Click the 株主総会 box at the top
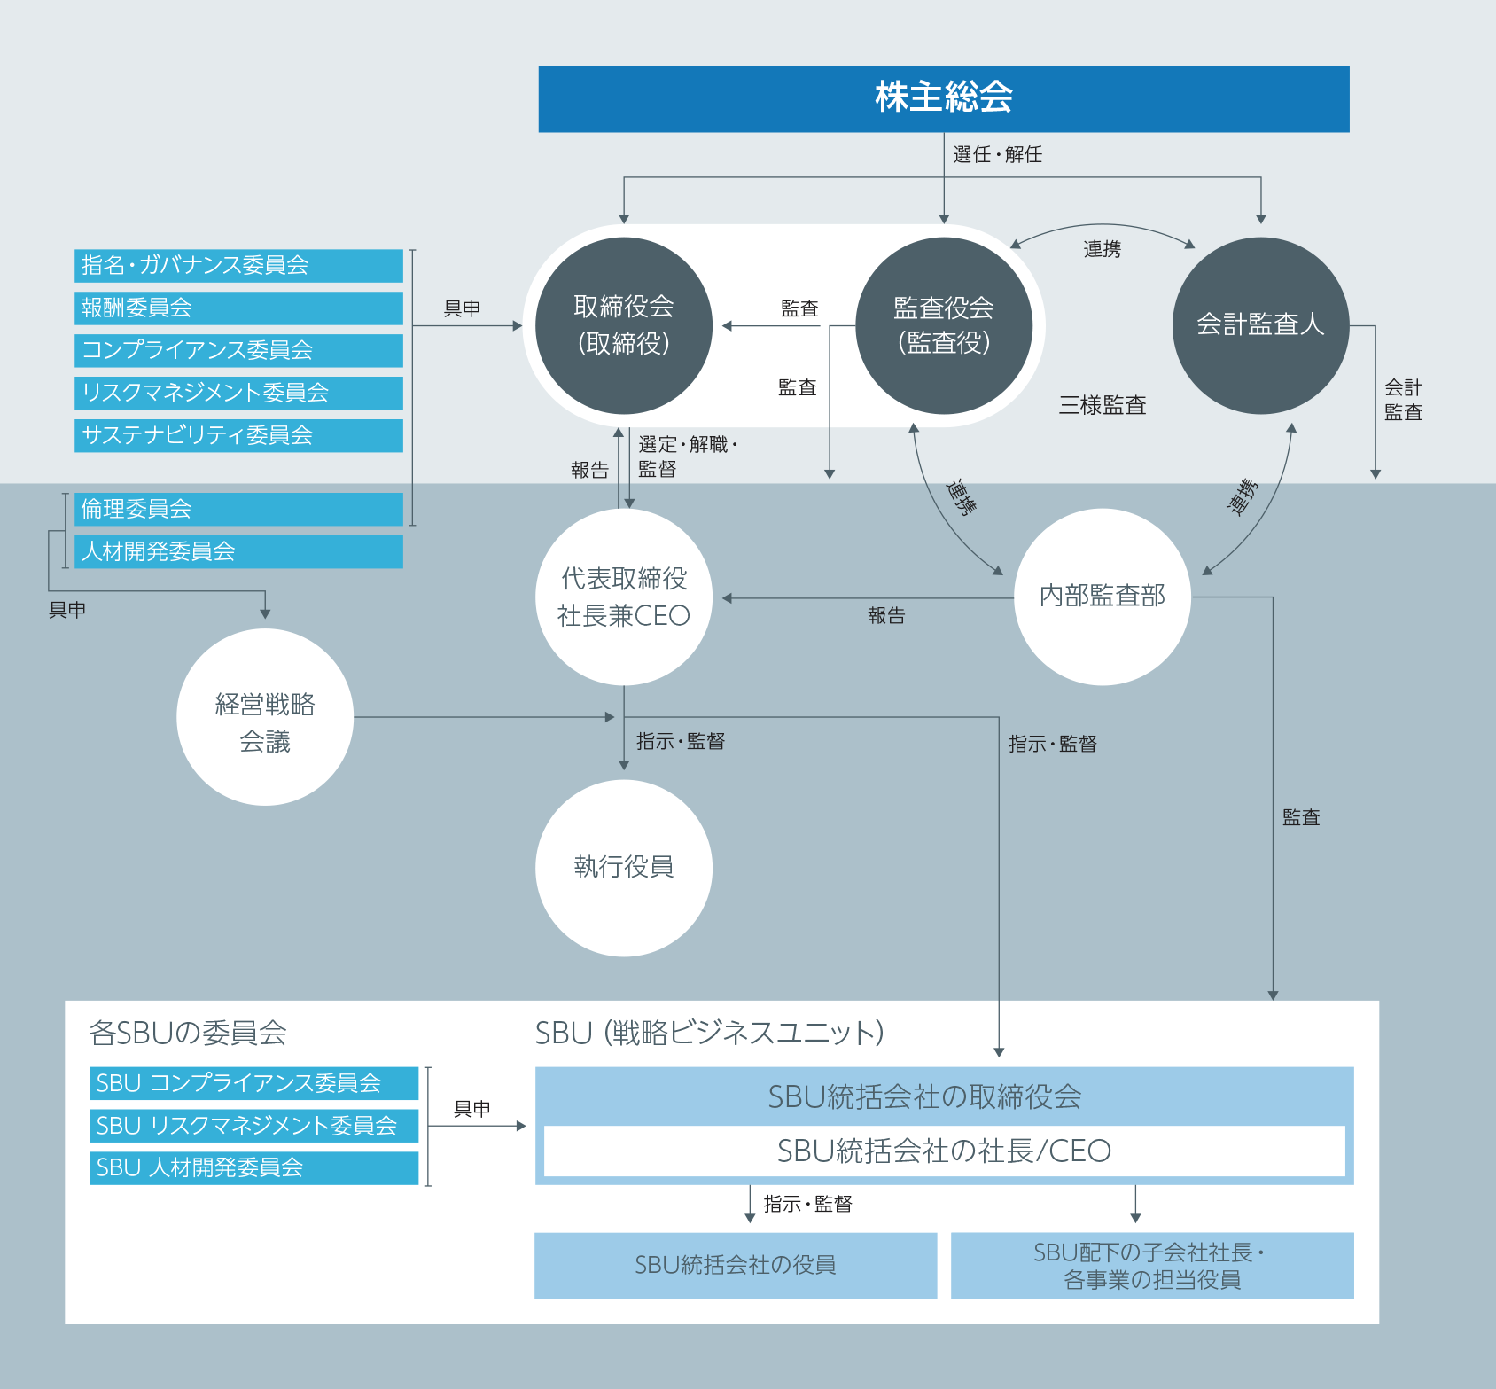click(943, 98)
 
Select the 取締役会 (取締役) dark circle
click(624, 325)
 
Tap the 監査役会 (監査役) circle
click(943, 325)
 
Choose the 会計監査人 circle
click(1259, 325)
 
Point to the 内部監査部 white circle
click(1102, 596)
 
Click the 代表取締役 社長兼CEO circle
click(624, 597)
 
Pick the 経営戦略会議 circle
click(265, 717)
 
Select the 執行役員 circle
click(624, 868)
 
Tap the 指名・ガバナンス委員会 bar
click(238, 265)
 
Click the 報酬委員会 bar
click(238, 308)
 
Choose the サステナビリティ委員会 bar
click(238, 435)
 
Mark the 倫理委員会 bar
click(238, 509)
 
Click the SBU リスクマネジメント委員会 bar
click(254, 1126)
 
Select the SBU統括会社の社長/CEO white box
click(944, 1151)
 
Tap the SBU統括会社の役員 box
click(736, 1265)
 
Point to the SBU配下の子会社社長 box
click(1151, 1265)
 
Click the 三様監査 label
click(1103, 405)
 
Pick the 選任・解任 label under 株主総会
click(997, 154)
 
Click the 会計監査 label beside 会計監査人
click(1403, 400)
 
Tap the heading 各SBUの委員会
click(188, 1033)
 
